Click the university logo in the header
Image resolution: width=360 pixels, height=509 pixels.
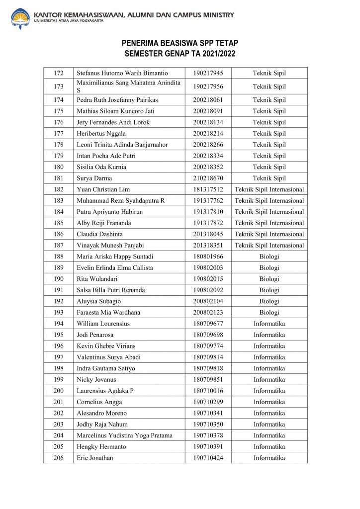[20, 18]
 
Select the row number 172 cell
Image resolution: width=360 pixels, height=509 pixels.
[58, 74]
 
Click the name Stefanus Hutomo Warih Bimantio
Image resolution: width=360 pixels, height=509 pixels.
[122, 74]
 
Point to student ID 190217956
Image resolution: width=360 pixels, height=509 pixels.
[208, 86]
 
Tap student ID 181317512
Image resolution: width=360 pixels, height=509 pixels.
[208, 189]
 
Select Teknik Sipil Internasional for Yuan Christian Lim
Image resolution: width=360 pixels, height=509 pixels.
[269, 189]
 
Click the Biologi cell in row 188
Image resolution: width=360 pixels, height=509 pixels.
[269, 256]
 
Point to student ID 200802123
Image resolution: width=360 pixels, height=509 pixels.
[208, 312]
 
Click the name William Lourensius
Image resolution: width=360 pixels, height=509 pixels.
[103, 324]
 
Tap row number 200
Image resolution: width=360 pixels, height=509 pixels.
[58, 391]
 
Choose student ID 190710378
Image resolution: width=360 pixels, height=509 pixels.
[208, 435]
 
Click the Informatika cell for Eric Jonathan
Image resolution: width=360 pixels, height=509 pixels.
[269, 458]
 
